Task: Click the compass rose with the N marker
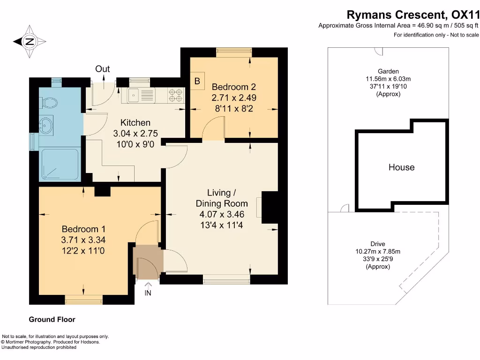[x=30, y=41]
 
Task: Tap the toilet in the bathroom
[x=48, y=103]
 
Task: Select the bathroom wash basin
[x=46, y=125]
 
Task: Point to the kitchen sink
[x=138, y=95]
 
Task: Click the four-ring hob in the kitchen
[x=176, y=95]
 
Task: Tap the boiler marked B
[x=197, y=81]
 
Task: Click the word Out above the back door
[x=103, y=69]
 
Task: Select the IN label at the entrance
[x=148, y=293]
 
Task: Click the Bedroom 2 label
[x=234, y=87]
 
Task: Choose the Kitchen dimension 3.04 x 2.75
[x=135, y=134]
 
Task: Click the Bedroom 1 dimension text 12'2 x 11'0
[x=83, y=251]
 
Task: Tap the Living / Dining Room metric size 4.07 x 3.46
[x=222, y=214]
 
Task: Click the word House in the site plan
[x=402, y=167]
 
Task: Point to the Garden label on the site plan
[x=388, y=71]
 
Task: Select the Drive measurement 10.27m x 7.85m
[x=378, y=251]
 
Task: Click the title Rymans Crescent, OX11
[x=412, y=15]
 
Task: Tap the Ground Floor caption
[x=52, y=319]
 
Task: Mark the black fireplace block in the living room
[x=270, y=208]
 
